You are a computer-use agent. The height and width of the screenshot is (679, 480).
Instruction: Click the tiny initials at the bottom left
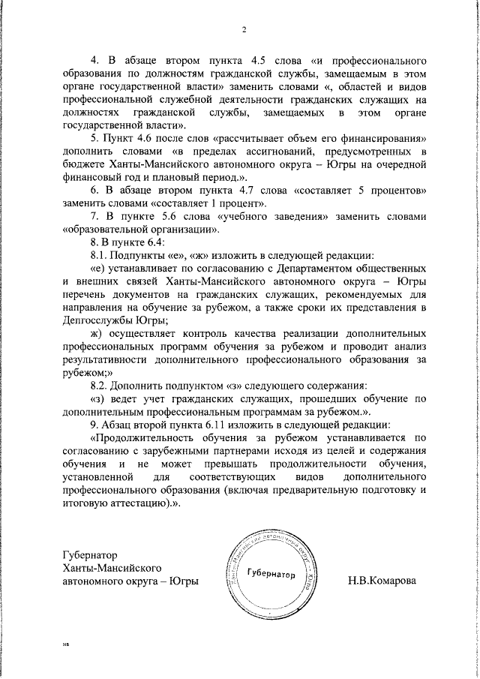(65, 644)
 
